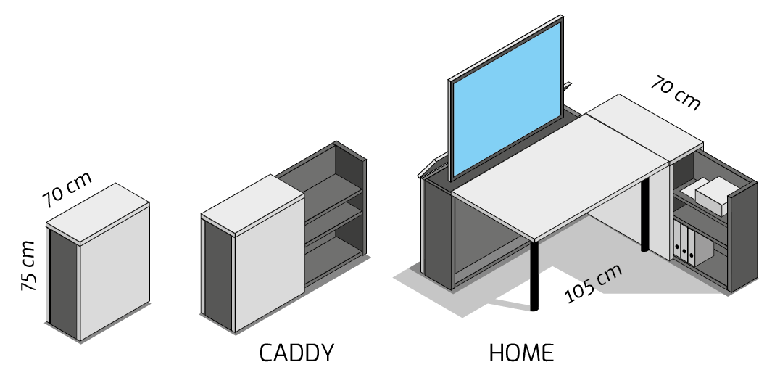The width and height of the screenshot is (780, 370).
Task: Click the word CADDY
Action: click(296, 353)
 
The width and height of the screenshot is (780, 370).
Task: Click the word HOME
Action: click(521, 353)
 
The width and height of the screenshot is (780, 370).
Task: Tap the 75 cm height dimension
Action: click(28, 266)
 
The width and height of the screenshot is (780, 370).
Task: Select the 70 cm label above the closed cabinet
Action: click(67, 189)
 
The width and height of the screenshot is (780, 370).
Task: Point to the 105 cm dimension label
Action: click(594, 283)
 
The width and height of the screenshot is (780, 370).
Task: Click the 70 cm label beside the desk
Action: click(676, 93)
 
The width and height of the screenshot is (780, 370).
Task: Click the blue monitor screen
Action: click(507, 99)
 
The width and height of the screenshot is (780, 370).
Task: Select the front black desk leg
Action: click(534, 276)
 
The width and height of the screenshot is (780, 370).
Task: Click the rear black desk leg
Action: click(644, 214)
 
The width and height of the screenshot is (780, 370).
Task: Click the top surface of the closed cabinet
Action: click(98, 211)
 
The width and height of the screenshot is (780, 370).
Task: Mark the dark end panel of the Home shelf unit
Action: click(743, 237)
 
